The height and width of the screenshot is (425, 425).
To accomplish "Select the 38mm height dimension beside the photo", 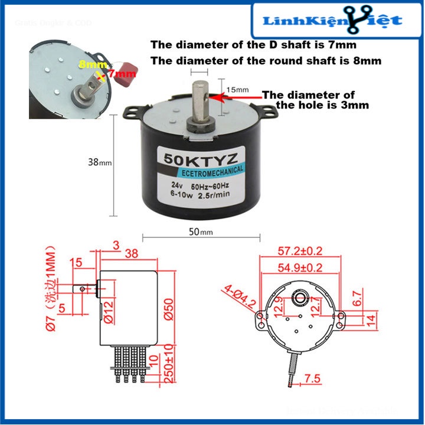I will tap(98, 161).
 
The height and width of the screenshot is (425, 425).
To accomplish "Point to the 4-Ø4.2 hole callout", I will tap(240, 298).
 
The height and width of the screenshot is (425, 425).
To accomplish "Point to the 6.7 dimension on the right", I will tap(355, 298).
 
